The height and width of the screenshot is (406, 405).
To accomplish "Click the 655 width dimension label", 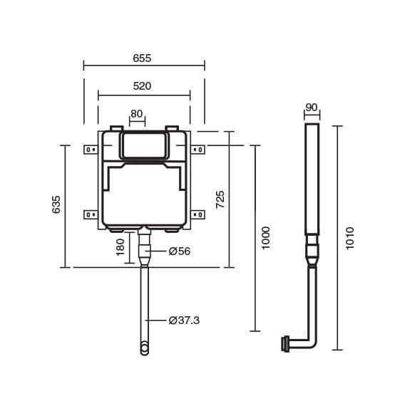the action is [142, 58].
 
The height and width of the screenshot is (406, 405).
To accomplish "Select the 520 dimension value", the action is [142, 86].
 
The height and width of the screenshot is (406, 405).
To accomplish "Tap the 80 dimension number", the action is [137, 114].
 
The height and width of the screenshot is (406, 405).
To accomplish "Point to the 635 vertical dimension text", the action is [56, 204].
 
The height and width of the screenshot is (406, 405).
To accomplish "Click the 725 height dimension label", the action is [220, 199].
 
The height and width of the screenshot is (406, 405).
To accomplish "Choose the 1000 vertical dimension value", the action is [266, 238].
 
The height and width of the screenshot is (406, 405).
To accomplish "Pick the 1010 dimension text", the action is [350, 238].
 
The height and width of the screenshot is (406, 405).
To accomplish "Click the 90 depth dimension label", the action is [312, 107].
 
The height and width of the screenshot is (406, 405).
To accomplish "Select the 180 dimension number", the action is [121, 247].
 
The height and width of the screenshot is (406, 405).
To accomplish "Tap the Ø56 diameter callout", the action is [180, 251].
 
